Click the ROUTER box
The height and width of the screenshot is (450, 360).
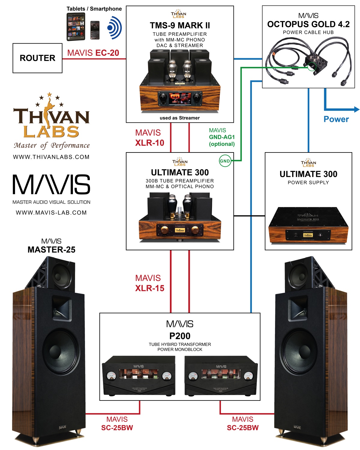pyautogui.click(x=37, y=58)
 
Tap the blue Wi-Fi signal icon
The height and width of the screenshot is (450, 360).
pyautogui.click(x=114, y=28)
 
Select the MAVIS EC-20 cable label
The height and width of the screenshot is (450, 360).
pyautogui.click(x=93, y=53)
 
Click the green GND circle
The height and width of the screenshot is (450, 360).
pyautogui.click(x=225, y=161)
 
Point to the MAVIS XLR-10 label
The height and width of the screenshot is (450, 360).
pyautogui.click(x=150, y=138)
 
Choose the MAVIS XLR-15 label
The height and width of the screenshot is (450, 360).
pyautogui.click(x=150, y=283)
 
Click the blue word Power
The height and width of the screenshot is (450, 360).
pyautogui.click(x=336, y=119)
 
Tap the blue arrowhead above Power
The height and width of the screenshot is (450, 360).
pyautogui.click(x=356, y=109)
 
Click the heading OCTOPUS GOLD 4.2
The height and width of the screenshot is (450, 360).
pyautogui.click(x=308, y=24)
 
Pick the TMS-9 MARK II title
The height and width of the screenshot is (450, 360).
pyautogui.click(x=180, y=26)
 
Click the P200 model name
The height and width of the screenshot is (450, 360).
pyautogui.click(x=180, y=336)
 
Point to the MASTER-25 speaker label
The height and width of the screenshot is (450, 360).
pyautogui.click(x=51, y=250)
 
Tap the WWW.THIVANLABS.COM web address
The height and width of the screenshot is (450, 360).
pyautogui.click(x=51, y=157)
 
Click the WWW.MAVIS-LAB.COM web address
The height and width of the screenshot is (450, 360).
pyautogui.click(x=51, y=213)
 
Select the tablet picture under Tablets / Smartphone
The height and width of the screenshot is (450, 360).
pyautogui.click(x=76, y=27)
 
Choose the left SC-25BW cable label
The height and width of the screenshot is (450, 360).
pyautogui.click(x=117, y=424)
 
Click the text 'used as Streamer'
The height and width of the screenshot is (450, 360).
pyautogui.click(x=180, y=118)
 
